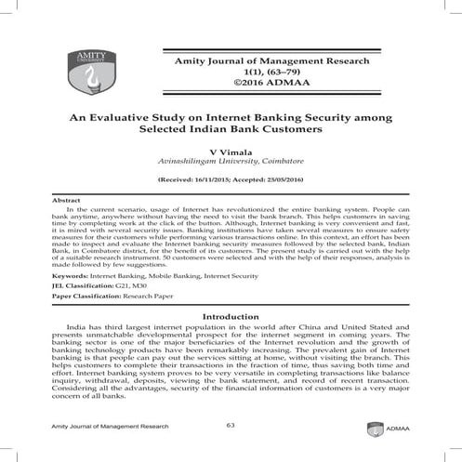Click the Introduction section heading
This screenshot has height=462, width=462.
[230, 317]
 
